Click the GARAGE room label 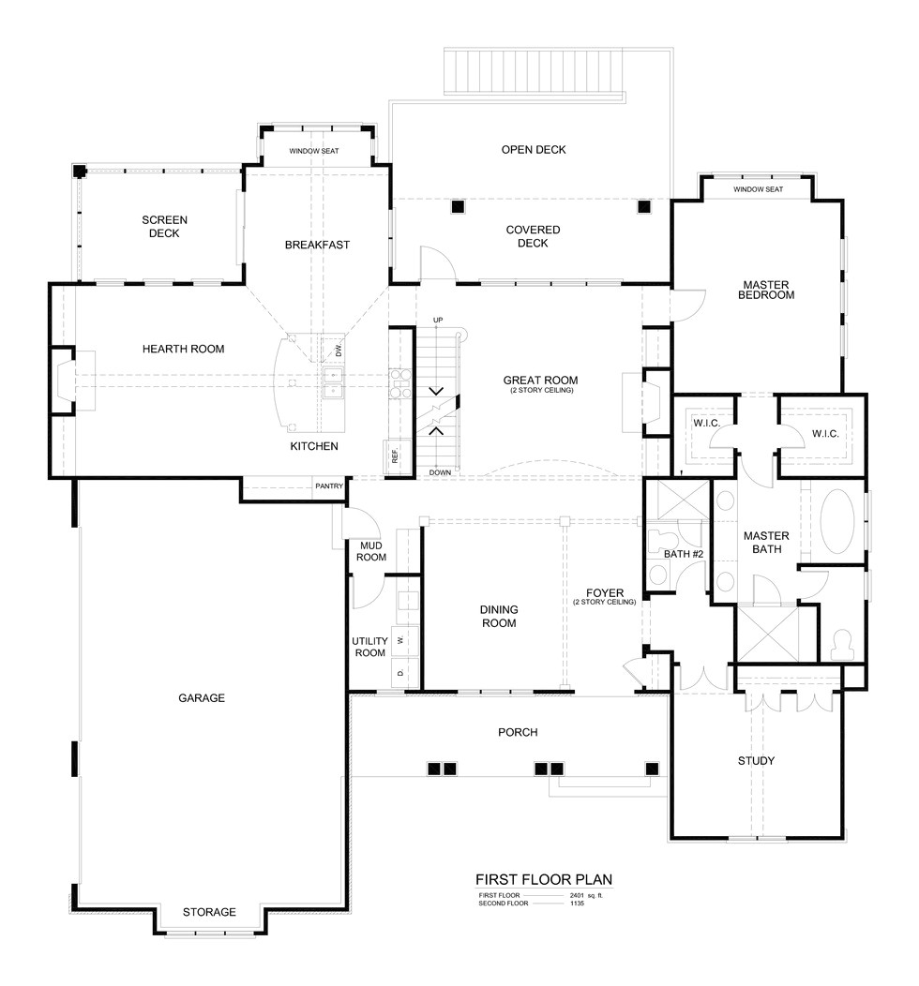202,698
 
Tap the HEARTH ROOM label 183,349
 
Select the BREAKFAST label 317,245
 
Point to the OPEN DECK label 534,150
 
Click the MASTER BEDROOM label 766,290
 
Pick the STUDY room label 756,761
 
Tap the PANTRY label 329,486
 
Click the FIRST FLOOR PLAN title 544,880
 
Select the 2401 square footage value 577,895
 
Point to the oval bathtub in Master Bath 837,522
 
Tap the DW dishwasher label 339,351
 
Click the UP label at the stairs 438,321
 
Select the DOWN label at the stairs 441,473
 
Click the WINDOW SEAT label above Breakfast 314,151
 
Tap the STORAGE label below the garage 209,913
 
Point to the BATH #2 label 684,554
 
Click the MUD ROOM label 371,551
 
